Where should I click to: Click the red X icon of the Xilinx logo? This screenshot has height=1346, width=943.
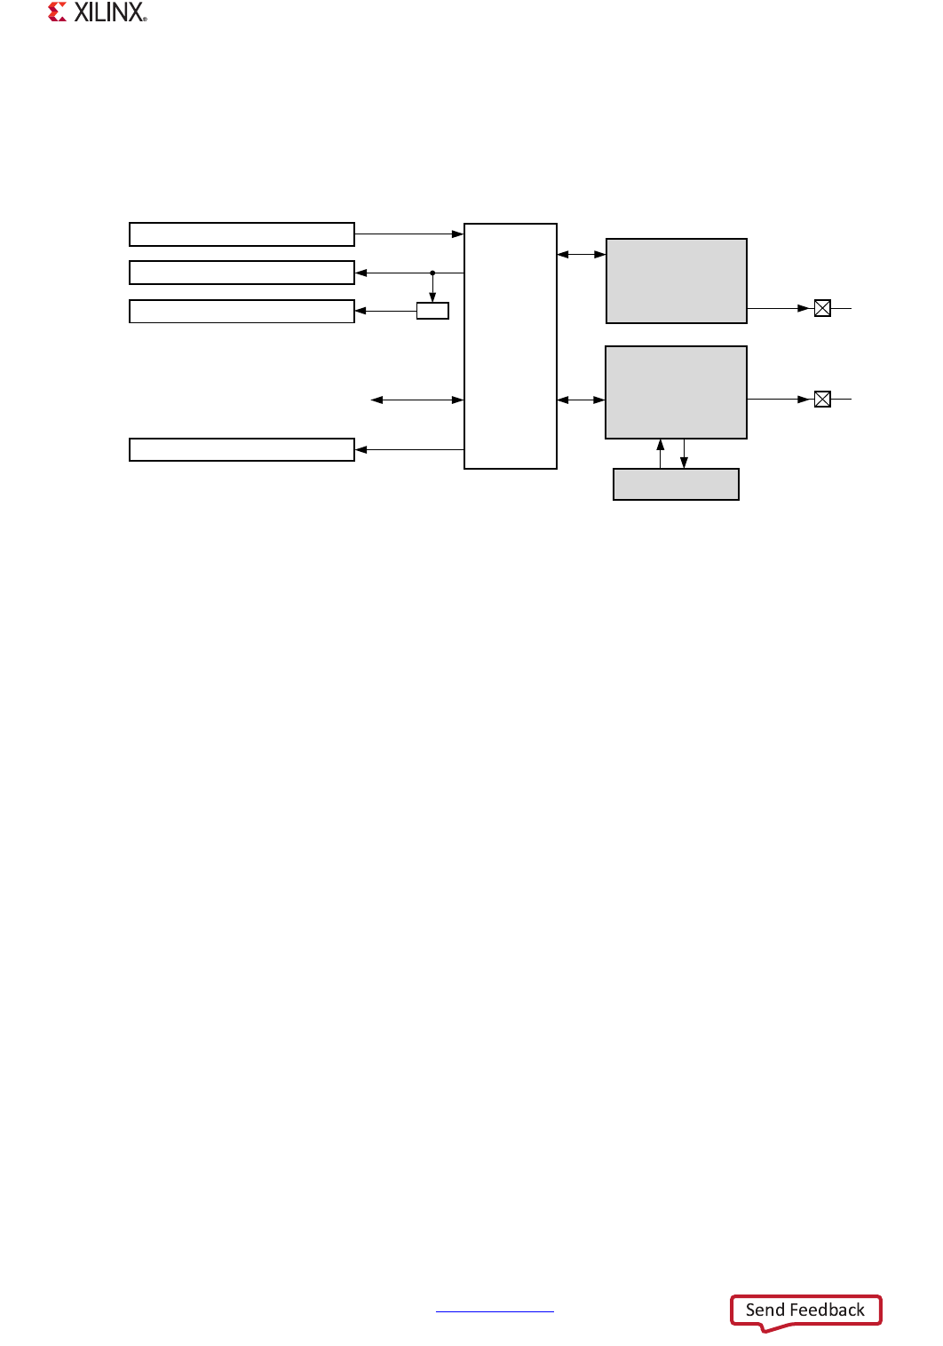tap(58, 12)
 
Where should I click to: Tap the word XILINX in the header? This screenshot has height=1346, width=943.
tap(109, 12)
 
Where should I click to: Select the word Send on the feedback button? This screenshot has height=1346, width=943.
tap(765, 1310)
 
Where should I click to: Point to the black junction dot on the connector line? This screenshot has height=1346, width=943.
tap(432, 273)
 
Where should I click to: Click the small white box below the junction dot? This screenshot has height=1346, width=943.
tap(432, 311)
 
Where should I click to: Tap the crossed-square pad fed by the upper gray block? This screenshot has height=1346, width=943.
tap(822, 308)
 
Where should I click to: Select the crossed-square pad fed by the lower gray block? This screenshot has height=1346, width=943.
tap(822, 400)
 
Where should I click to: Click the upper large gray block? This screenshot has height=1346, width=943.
tap(676, 281)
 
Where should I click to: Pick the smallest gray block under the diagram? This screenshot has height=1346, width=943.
tap(676, 484)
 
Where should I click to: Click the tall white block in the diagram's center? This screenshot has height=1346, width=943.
tap(511, 346)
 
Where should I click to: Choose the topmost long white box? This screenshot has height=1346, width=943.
tap(242, 234)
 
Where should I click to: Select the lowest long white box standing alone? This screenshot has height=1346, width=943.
tap(242, 450)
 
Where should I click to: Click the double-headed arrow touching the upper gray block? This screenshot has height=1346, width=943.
tap(582, 255)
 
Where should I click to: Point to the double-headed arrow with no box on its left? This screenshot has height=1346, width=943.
tap(417, 400)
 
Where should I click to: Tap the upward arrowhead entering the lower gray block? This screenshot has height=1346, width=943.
tap(661, 445)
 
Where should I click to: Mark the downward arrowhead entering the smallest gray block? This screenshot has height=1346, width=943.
tap(684, 462)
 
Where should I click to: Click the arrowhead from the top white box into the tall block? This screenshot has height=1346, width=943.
tap(457, 234)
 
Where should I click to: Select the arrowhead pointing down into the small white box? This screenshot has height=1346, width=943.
tap(432, 297)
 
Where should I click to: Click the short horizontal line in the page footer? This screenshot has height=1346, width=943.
tap(495, 1310)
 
